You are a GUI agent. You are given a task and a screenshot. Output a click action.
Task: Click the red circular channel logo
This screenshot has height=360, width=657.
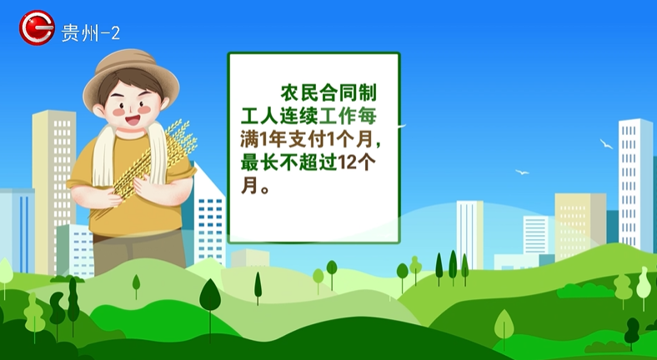37,27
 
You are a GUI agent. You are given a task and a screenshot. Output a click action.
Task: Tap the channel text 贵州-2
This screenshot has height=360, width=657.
91,32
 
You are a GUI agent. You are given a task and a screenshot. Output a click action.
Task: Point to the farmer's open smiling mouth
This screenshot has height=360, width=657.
133,121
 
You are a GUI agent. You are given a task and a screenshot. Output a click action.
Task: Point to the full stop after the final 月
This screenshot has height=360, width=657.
265,189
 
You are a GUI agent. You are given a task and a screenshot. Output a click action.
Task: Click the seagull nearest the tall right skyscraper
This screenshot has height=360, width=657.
606,143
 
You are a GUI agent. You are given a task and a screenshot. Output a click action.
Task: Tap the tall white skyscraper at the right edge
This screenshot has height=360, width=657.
635,184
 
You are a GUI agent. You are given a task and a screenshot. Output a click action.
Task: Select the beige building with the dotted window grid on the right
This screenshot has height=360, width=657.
580,227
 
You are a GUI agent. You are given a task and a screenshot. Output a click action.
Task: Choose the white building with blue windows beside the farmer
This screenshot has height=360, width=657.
208,217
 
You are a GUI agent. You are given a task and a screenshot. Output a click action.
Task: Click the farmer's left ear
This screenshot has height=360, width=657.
98,110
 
